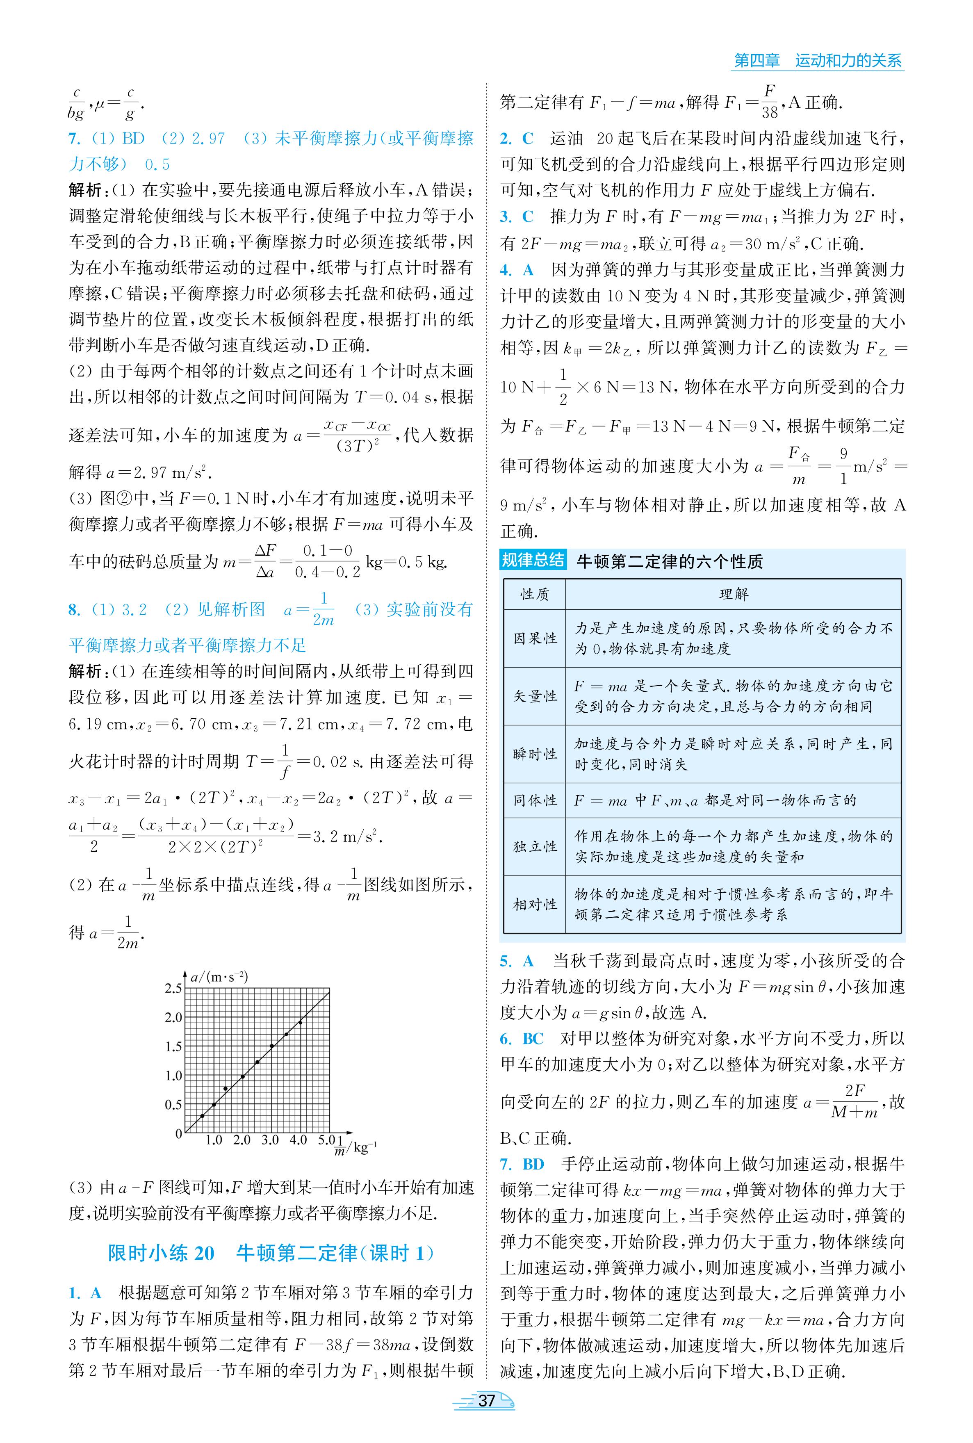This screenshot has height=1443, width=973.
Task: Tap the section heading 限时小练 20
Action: coord(161,1253)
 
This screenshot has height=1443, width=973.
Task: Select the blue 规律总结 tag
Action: coord(532,561)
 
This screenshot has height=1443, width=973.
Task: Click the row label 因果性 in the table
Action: coord(534,638)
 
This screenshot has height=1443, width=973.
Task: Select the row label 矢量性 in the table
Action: coord(534,696)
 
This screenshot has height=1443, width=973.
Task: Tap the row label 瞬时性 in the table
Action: coord(534,754)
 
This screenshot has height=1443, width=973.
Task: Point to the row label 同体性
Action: coord(534,800)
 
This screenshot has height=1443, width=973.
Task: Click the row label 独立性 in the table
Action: coord(534,846)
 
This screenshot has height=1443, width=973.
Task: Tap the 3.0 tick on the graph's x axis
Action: coord(270,1140)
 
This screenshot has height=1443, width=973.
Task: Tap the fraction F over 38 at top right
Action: coord(770,102)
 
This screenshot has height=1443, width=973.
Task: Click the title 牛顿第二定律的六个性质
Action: coord(670,562)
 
